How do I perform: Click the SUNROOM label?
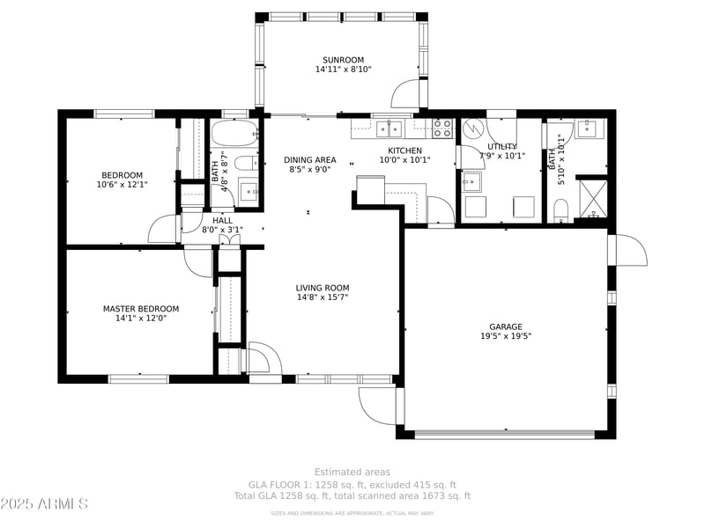click(x=343, y=60)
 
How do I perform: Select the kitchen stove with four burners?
click(x=442, y=128)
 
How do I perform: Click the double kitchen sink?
click(x=390, y=129)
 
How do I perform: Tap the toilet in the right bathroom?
click(x=560, y=209)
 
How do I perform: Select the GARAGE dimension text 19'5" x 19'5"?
click(x=506, y=336)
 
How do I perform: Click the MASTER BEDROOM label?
click(x=141, y=309)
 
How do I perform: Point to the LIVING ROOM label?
click(x=323, y=288)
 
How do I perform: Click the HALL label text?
click(x=222, y=220)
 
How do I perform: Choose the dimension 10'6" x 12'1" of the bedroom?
click(x=122, y=185)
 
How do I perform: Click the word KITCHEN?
click(x=405, y=150)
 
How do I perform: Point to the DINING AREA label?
click(x=310, y=160)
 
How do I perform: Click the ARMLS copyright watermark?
click(x=44, y=503)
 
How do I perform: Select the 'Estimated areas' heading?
click(x=352, y=473)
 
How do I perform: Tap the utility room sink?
click(x=471, y=181)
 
